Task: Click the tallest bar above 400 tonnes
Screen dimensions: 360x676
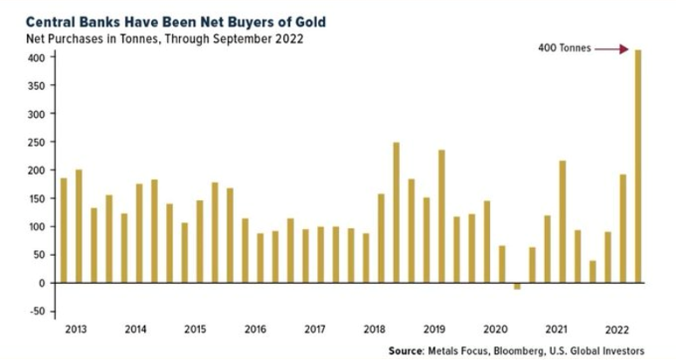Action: pyautogui.click(x=637, y=166)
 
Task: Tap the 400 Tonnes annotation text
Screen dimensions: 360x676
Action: pyautogui.click(x=564, y=49)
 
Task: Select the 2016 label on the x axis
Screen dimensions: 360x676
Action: pyautogui.click(x=256, y=329)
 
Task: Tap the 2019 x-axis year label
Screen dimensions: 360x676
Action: pyautogui.click(x=434, y=329)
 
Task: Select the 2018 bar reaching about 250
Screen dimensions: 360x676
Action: pyautogui.click(x=396, y=212)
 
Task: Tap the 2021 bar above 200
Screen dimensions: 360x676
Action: pyautogui.click(x=562, y=221)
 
